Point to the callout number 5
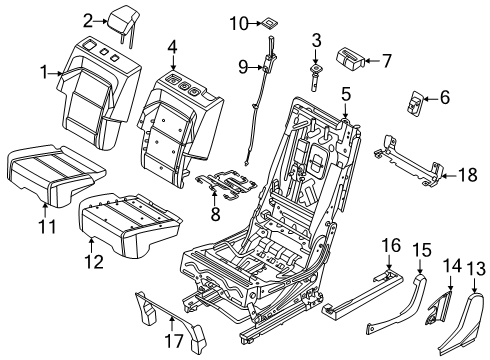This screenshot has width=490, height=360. point(345,96)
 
